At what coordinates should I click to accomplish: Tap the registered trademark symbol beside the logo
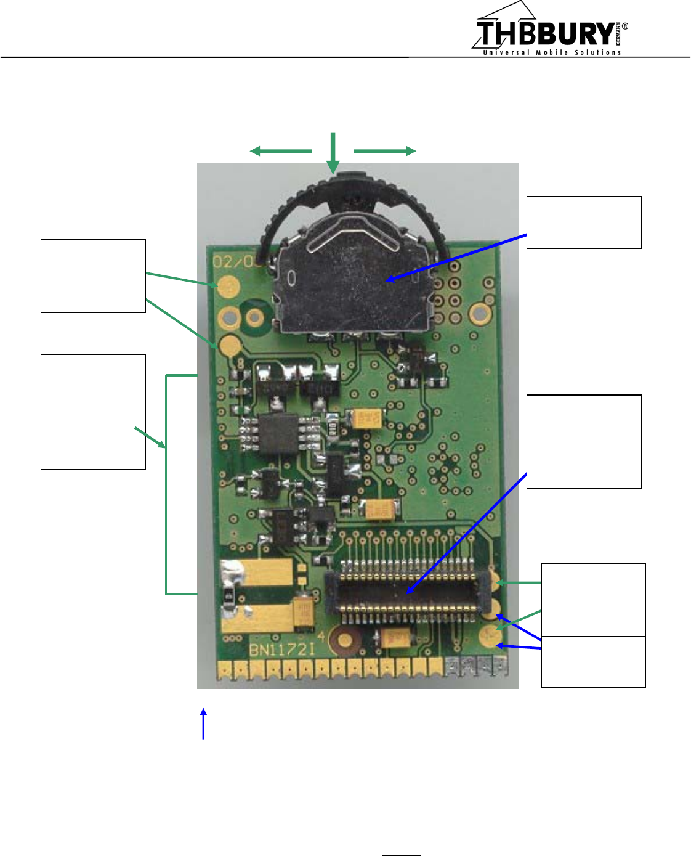click(x=625, y=26)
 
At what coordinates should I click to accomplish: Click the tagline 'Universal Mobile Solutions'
click(x=552, y=53)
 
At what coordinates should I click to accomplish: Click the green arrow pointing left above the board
click(x=280, y=151)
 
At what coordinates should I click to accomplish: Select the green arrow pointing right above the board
click(x=385, y=151)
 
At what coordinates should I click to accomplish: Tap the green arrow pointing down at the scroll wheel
click(x=333, y=154)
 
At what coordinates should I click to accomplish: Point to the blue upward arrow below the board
click(x=203, y=724)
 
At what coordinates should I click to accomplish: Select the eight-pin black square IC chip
click(x=279, y=433)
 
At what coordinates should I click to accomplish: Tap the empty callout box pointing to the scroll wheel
click(x=584, y=222)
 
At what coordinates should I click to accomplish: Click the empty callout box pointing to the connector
click(x=584, y=442)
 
